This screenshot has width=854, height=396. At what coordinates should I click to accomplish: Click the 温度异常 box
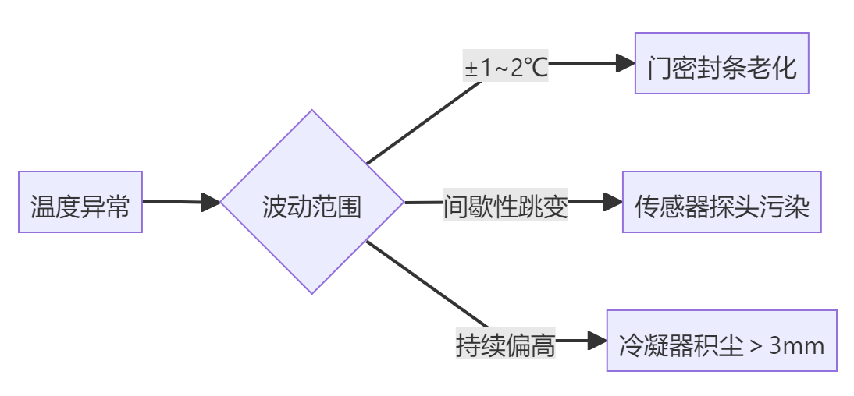[80, 202]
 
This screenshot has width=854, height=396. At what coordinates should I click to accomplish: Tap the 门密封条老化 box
[721, 63]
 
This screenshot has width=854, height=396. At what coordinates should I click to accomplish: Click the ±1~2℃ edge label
[506, 69]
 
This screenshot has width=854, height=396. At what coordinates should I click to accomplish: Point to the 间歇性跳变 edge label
[505, 207]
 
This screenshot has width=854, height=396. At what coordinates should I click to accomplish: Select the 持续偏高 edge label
[505, 344]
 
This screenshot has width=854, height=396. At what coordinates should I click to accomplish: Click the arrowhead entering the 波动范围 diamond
[211, 202]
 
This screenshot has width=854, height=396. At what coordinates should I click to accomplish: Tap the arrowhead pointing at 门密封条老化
[625, 63]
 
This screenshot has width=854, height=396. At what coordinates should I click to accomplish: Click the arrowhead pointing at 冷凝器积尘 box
[597, 341]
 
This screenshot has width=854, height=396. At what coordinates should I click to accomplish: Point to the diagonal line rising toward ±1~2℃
[424, 122]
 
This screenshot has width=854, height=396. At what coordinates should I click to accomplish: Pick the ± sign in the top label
[471, 69]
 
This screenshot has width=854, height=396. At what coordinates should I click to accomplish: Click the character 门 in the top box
[659, 68]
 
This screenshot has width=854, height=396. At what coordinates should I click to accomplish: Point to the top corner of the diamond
[312, 111]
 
